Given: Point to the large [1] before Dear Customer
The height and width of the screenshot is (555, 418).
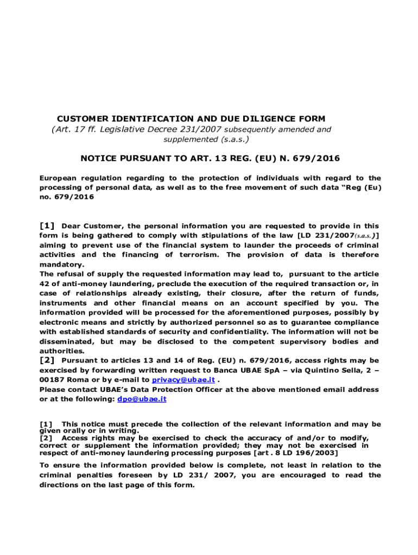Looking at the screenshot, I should (x=47, y=225).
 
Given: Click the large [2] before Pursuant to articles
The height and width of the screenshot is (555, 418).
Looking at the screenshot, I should (x=47, y=360).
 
